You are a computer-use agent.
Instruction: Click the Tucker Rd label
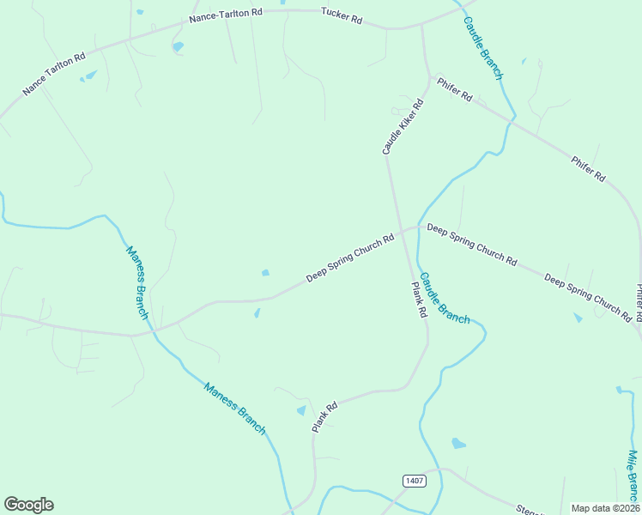point(341,14)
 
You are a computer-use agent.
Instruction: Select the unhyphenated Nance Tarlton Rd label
point(54,74)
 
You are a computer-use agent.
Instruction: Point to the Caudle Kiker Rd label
point(403,126)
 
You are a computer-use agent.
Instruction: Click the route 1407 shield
point(415,481)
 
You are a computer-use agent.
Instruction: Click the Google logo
point(28,505)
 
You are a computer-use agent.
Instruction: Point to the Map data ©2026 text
point(605,508)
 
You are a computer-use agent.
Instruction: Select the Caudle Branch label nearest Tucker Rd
point(482,47)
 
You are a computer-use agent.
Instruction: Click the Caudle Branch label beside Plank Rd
point(445,298)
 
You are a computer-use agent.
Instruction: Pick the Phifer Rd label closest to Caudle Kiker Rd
point(454,90)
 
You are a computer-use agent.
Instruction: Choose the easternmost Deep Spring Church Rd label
point(588,297)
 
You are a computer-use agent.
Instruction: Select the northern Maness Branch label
point(137,283)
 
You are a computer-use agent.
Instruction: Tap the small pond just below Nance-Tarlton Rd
point(178,46)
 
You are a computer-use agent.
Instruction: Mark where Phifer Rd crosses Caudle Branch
point(511,119)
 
